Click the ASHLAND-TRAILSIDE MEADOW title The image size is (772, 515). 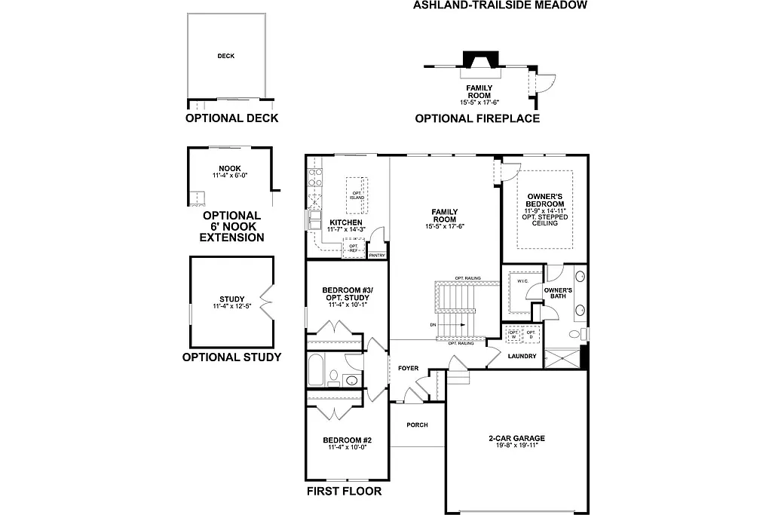click(x=499, y=5)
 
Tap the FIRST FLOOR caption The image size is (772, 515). click(x=343, y=491)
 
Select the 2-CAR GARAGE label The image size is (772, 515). click(x=516, y=438)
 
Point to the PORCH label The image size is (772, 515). click(x=417, y=425)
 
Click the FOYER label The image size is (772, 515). click(x=408, y=368)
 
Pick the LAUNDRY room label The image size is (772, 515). click(x=522, y=356)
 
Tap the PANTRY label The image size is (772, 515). click(x=377, y=256)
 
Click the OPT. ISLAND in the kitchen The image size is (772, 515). click(x=357, y=195)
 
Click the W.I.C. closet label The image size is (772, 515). click(x=522, y=281)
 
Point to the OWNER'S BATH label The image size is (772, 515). click(x=558, y=294)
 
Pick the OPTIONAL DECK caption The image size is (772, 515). click(x=231, y=118)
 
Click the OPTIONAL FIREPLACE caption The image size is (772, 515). click(x=477, y=118)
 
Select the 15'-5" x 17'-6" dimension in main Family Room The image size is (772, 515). click(x=445, y=225)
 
